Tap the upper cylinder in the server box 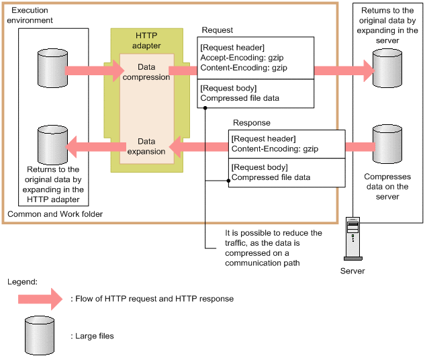[387, 68]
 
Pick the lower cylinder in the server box [387, 143]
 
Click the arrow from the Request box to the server [342, 69]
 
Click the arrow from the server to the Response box [359, 146]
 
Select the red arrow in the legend [40, 298]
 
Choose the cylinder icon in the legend [38, 334]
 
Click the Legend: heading [22, 281]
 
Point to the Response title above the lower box [252, 124]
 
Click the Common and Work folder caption [54, 214]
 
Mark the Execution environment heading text [32, 15]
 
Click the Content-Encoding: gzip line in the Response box [275, 148]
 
